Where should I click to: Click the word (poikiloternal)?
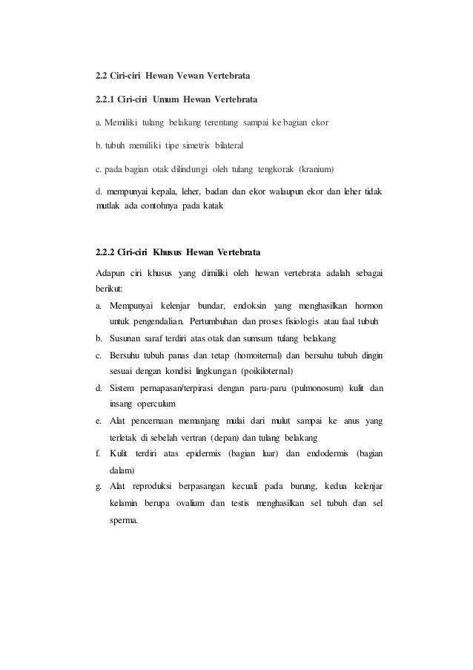click(x=263, y=370)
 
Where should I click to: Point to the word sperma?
click(x=124, y=520)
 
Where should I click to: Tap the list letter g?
click(x=99, y=487)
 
